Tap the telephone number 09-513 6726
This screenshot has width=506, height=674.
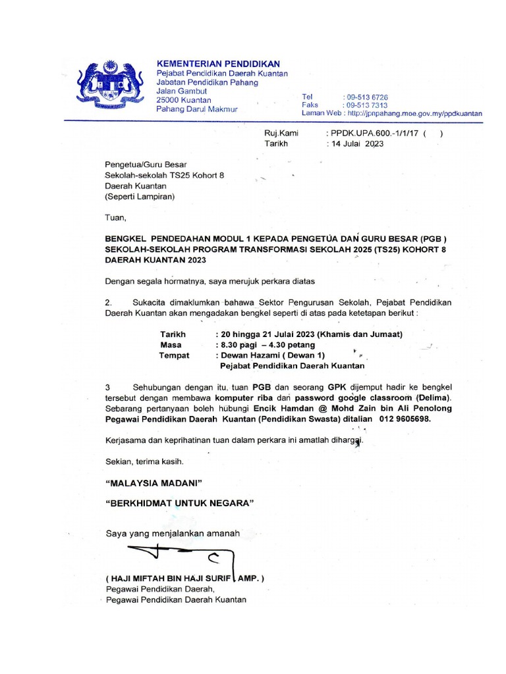point(367,97)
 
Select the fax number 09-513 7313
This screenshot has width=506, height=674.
point(367,105)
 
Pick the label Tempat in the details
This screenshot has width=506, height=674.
point(174,355)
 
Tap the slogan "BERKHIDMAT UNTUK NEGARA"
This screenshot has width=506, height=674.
point(179,504)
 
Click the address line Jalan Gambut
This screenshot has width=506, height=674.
point(181,91)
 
